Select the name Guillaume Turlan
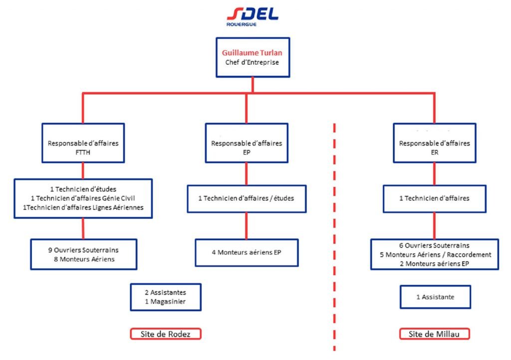click(x=253, y=52)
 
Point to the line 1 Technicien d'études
click(x=83, y=189)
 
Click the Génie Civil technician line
click(x=83, y=198)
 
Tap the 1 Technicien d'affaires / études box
click(x=247, y=198)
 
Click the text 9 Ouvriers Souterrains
click(x=83, y=250)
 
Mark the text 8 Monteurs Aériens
click(x=83, y=259)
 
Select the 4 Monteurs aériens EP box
click(x=247, y=252)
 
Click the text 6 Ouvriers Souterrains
click(x=435, y=245)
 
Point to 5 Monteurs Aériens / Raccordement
click(x=435, y=254)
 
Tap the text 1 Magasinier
click(x=166, y=302)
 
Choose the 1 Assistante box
click(x=435, y=297)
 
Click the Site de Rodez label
click(x=166, y=334)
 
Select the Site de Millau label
click(x=435, y=334)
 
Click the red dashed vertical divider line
click(x=334, y=224)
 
